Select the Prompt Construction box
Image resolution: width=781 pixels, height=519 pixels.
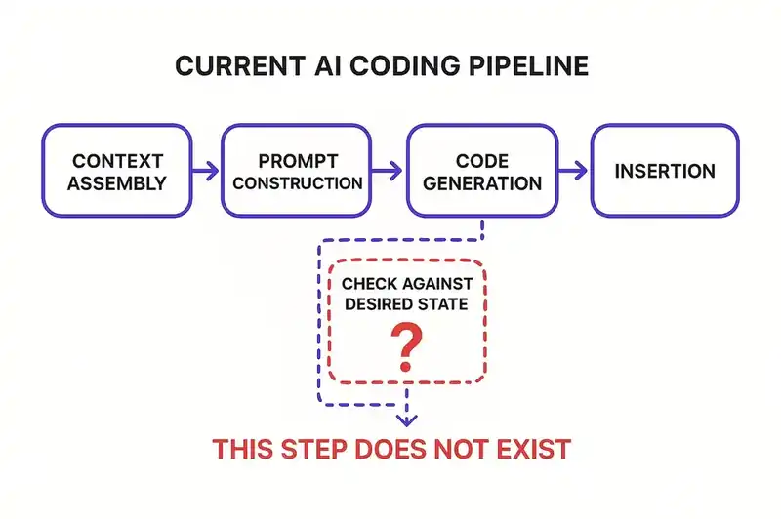coord(298,170)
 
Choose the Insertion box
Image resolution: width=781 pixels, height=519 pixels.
coord(664,170)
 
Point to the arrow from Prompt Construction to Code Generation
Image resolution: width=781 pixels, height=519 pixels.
coord(388,172)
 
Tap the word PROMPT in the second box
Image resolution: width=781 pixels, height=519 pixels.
coord(298,158)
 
